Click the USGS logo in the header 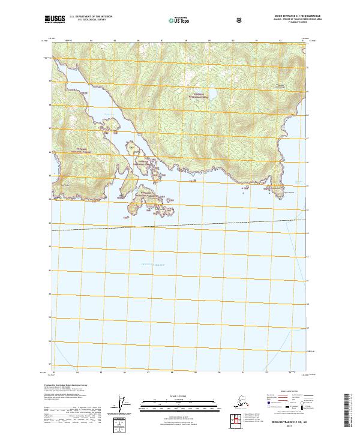[x=55, y=20]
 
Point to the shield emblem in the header [x=240, y=20]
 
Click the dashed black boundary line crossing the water [x=180, y=225]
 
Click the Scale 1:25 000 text [x=179, y=395]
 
